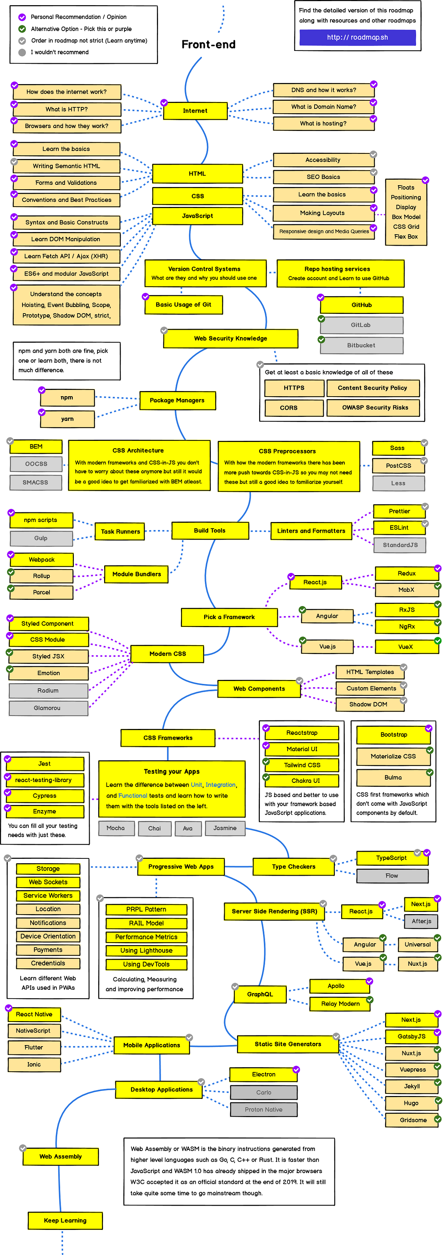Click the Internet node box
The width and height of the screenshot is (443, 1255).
coord(195,111)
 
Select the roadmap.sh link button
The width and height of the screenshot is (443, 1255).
coord(357,37)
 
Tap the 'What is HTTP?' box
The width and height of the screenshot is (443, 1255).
coord(67,109)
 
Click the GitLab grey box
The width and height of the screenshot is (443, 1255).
coord(361,325)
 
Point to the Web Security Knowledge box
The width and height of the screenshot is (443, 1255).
coord(230,338)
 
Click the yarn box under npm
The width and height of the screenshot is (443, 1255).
coord(67,418)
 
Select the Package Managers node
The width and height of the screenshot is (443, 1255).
coord(177,400)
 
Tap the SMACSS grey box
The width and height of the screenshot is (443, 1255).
coord(35,482)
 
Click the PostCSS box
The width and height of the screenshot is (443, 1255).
coord(398,465)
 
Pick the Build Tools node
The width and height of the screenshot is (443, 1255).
coord(210,530)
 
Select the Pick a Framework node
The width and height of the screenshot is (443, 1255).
coord(229,616)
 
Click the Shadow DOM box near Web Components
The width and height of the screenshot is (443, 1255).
coord(368,704)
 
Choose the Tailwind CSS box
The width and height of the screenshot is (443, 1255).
coord(302,765)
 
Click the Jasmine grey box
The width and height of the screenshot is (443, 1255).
coord(225,828)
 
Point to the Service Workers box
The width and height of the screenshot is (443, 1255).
coord(48,895)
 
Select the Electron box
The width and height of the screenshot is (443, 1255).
coord(264,1074)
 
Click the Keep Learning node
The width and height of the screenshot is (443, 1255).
coord(65,1220)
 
